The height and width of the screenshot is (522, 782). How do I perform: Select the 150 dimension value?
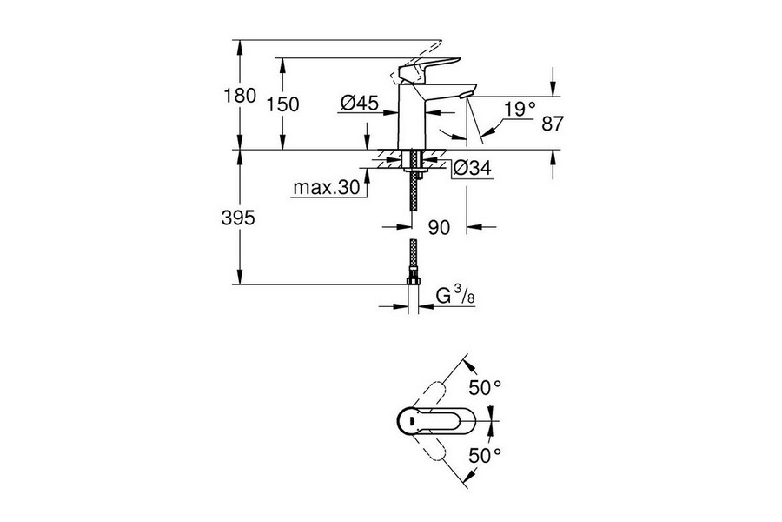282,104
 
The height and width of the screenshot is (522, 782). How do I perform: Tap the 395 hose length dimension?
238,219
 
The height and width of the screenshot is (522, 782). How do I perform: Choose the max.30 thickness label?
325,188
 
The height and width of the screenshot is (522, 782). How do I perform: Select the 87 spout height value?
553,124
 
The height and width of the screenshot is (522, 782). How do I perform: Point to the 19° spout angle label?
520,109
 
